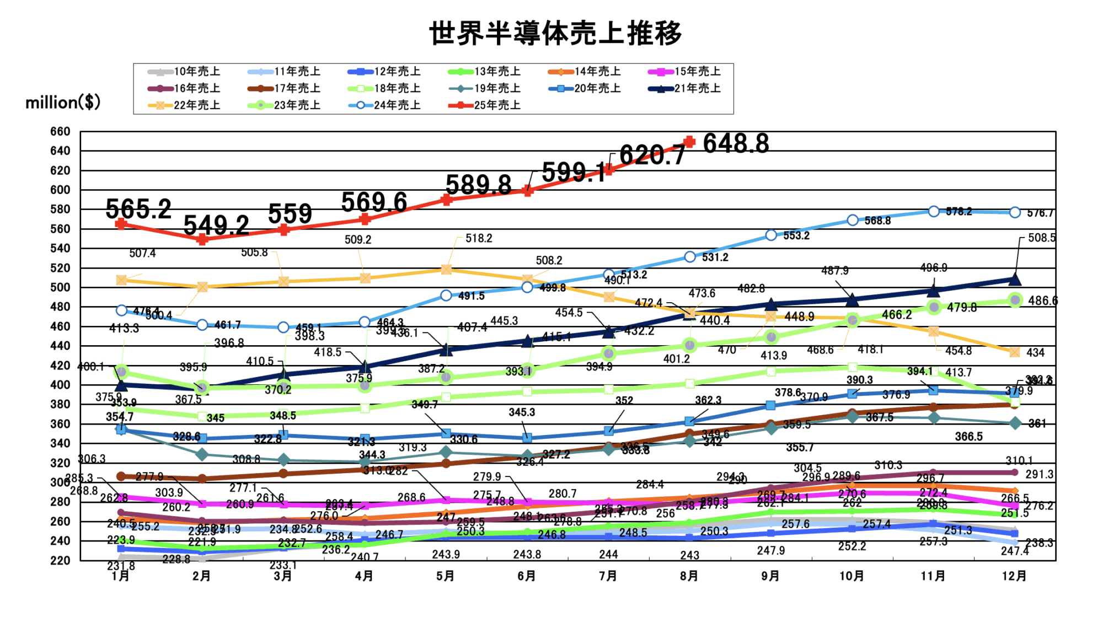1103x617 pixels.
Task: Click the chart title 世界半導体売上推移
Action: (x=555, y=33)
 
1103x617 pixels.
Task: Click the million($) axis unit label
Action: (x=63, y=102)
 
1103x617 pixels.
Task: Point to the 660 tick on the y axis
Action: (x=61, y=131)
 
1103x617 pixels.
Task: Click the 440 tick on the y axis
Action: (x=61, y=346)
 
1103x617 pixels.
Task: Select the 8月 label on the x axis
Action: (x=689, y=576)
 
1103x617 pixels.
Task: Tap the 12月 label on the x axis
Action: (x=1014, y=576)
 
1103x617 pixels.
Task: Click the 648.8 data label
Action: (x=736, y=143)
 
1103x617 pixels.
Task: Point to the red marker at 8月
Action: (x=689, y=142)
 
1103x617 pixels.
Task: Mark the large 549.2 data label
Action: (x=216, y=225)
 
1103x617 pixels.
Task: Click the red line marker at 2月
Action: (x=202, y=239)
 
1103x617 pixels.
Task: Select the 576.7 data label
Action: (x=1040, y=213)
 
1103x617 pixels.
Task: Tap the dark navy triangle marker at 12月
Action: (x=1014, y=280)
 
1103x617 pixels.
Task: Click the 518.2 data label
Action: (x=479, y=238)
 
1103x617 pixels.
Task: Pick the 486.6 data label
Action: (x=1043, y=301)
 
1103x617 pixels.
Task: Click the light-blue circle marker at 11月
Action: (x=934, y=211)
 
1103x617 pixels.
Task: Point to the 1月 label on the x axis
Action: (x=121, y=576)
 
